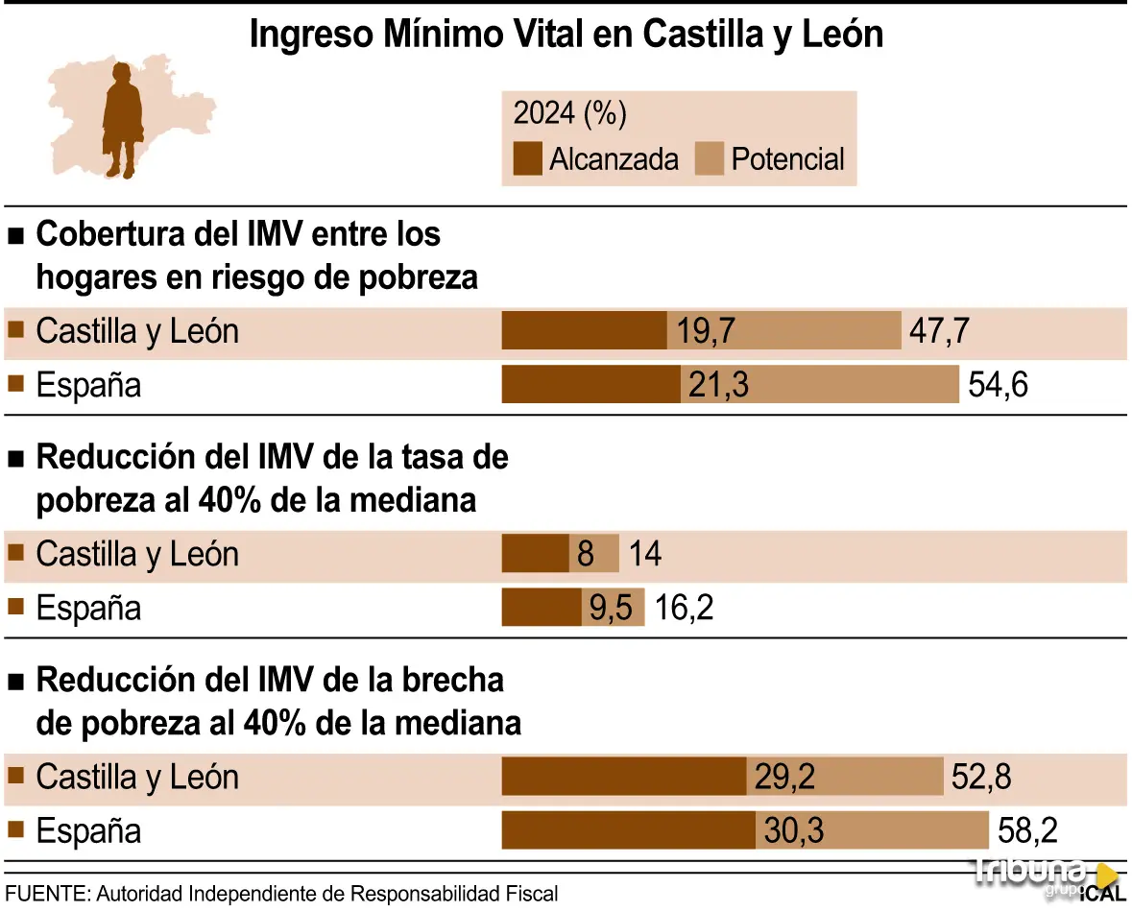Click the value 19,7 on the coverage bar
706,331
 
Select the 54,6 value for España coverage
999,385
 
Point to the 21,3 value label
719,385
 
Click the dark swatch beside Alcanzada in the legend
528,159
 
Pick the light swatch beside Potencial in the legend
710,159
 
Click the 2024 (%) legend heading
570,114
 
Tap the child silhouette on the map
123,120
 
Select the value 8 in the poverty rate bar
587,554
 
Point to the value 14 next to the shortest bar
645,554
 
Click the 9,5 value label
611,608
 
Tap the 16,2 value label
684,608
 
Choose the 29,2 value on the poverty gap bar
784,777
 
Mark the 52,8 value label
981,777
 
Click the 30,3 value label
794,830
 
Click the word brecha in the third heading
451,681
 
